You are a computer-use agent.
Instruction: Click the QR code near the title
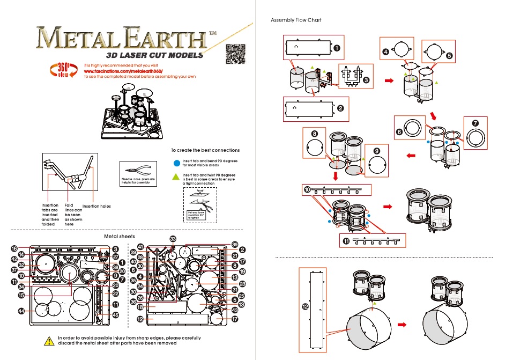(235, 54)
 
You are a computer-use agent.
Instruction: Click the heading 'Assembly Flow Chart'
(296, 20)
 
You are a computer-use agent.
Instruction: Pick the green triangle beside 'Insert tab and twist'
(176, 176)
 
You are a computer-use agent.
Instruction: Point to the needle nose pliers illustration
(132, 167)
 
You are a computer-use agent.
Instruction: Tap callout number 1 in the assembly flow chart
(336, 48)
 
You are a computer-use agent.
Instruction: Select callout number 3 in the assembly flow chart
(366, 80)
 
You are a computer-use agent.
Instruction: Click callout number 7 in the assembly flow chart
(475, 123)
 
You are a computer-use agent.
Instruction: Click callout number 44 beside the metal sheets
(21, 311)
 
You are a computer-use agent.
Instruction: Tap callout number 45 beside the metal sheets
(115, 315)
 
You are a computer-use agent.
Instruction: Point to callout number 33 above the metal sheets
(173, 238)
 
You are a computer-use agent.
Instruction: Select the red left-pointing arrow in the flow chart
(411, 156)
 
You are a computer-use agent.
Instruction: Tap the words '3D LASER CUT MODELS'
(154, 55)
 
